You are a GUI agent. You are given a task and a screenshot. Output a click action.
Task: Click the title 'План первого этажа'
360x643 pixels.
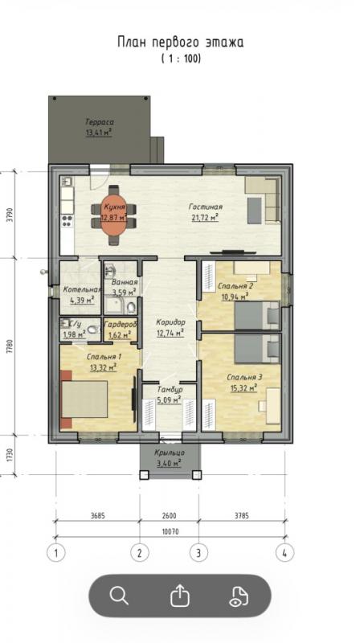coord(181,43)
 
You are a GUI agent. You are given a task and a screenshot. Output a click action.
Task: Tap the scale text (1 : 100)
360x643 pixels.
coord(181,59)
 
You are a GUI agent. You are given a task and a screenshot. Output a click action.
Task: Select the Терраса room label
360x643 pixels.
coord(100,122)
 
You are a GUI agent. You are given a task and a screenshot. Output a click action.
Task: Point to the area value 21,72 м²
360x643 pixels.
coord(205,217)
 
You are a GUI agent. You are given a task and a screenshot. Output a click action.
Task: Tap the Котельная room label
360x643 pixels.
coord(82,289)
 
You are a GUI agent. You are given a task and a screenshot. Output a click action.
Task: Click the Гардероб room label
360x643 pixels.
coord(120,325)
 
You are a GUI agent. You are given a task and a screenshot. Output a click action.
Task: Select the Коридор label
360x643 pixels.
coord(170,322)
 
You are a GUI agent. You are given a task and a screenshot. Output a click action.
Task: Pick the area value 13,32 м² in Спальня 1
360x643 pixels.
coord(104,367)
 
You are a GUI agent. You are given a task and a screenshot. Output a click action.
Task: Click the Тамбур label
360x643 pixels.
coord(170,390)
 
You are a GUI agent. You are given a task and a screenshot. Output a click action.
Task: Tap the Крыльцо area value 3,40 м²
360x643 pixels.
coord(170,463)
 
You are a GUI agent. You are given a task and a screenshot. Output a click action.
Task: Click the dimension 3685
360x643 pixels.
coord(97,516)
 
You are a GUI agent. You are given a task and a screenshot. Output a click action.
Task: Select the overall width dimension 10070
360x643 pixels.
coord(170,532)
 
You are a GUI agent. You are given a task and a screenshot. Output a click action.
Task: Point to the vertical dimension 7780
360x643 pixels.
coord(10,346)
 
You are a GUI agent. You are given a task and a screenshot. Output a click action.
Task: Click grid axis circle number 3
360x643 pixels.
coord(198,553)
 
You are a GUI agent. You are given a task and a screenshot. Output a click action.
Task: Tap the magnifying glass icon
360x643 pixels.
coord(119,596)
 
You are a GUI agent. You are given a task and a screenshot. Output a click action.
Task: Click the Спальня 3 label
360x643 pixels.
coord(244,377)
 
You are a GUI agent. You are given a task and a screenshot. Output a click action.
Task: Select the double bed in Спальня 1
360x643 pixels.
coord(84,399)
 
